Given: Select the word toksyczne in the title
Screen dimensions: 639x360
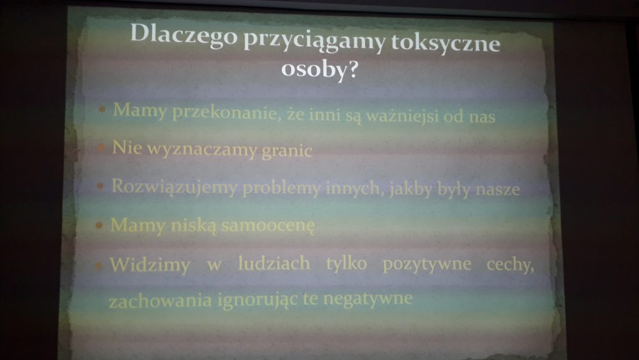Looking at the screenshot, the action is pyautogui.click(x=445, y=42).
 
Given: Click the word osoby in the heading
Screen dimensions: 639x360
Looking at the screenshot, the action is pyautogui.click(x=313, y=68).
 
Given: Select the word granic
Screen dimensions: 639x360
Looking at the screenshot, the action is pyautogui.click(x=286, y=151).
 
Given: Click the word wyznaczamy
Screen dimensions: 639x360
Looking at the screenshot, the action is pyautogui.click(x=202, y=149).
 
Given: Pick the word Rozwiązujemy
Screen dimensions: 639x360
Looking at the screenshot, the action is pyautogui.click(x=174, y=187).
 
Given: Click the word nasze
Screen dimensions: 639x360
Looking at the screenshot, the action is pyautogui.click(x=498, y=189).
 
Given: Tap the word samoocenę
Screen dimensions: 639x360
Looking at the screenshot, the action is pyautogui.click(x=268, y=226).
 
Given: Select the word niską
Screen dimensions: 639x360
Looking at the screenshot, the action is pyautogui.click(x=194, y=225).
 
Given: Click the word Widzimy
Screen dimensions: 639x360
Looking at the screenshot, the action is pyautogui.click(x=150, y=265).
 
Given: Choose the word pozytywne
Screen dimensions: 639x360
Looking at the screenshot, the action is pyautogui.click(x=427, y=265).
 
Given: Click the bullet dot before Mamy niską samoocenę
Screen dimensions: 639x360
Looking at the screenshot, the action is pyautogui.click(x=98, y=225).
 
